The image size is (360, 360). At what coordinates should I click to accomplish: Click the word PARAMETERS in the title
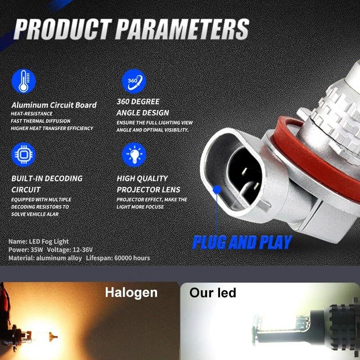pos(182,30)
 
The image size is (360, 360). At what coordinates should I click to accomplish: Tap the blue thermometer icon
pos(24,81)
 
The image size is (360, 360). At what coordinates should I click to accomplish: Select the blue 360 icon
pos(134,81)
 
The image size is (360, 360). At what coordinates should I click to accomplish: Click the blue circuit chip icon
pos(24,154)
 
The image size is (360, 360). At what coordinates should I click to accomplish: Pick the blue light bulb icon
pos(134,154)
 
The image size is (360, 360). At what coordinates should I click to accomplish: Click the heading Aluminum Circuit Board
pos(54,105)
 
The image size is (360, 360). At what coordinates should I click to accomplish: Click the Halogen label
pos(131,292)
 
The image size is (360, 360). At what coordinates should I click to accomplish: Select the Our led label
pos(212,293)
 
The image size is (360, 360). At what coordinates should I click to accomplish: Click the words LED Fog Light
pos(49,242)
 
